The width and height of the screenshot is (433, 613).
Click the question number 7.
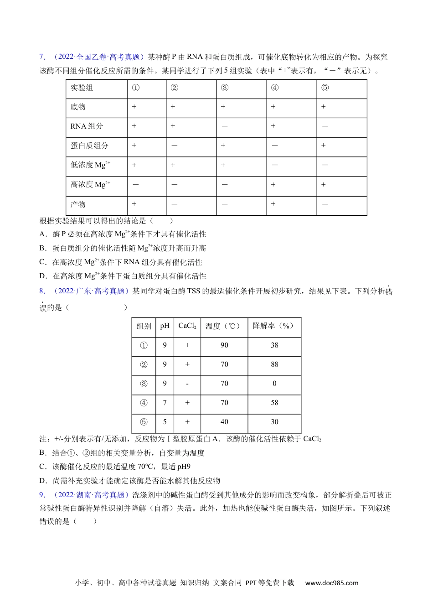(42, 57)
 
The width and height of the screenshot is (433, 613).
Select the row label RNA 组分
(87, 126)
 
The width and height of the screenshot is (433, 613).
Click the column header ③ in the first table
(224, 88)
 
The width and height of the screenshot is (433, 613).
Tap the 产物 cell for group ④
(273, 204)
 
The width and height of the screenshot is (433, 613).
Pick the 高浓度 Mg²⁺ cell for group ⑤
(324, 184)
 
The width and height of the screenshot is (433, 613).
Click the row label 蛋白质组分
(89, 145)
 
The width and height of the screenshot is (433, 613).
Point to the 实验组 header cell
(82, 88)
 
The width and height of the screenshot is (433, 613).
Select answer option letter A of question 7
(43, 234)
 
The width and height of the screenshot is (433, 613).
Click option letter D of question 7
(43, 276)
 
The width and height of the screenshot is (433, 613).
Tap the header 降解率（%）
(274, 326)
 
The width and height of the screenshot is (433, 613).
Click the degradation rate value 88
(274, 364)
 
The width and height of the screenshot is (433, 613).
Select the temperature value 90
(224, 345)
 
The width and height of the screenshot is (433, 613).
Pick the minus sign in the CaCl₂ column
(187, 384)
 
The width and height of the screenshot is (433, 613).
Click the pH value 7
(165, 403)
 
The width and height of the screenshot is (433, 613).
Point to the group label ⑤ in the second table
(144, 422)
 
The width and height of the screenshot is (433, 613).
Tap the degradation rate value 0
(274, 384)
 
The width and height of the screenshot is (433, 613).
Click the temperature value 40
(224, 422)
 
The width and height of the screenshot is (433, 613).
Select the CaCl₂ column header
(187, 326)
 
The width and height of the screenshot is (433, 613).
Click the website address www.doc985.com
(332, 582)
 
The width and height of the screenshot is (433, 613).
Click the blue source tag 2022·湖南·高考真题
(91, 495)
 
